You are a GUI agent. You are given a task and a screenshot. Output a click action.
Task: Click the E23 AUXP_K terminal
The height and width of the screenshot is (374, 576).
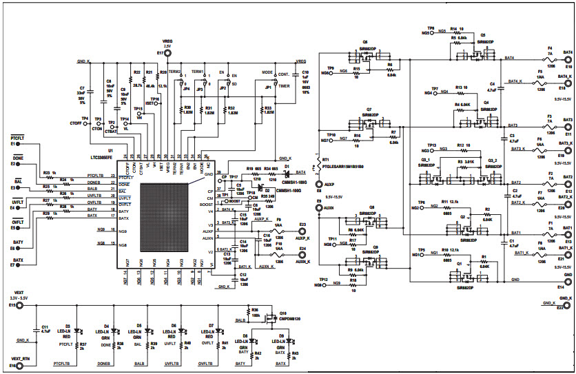point(303,233)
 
